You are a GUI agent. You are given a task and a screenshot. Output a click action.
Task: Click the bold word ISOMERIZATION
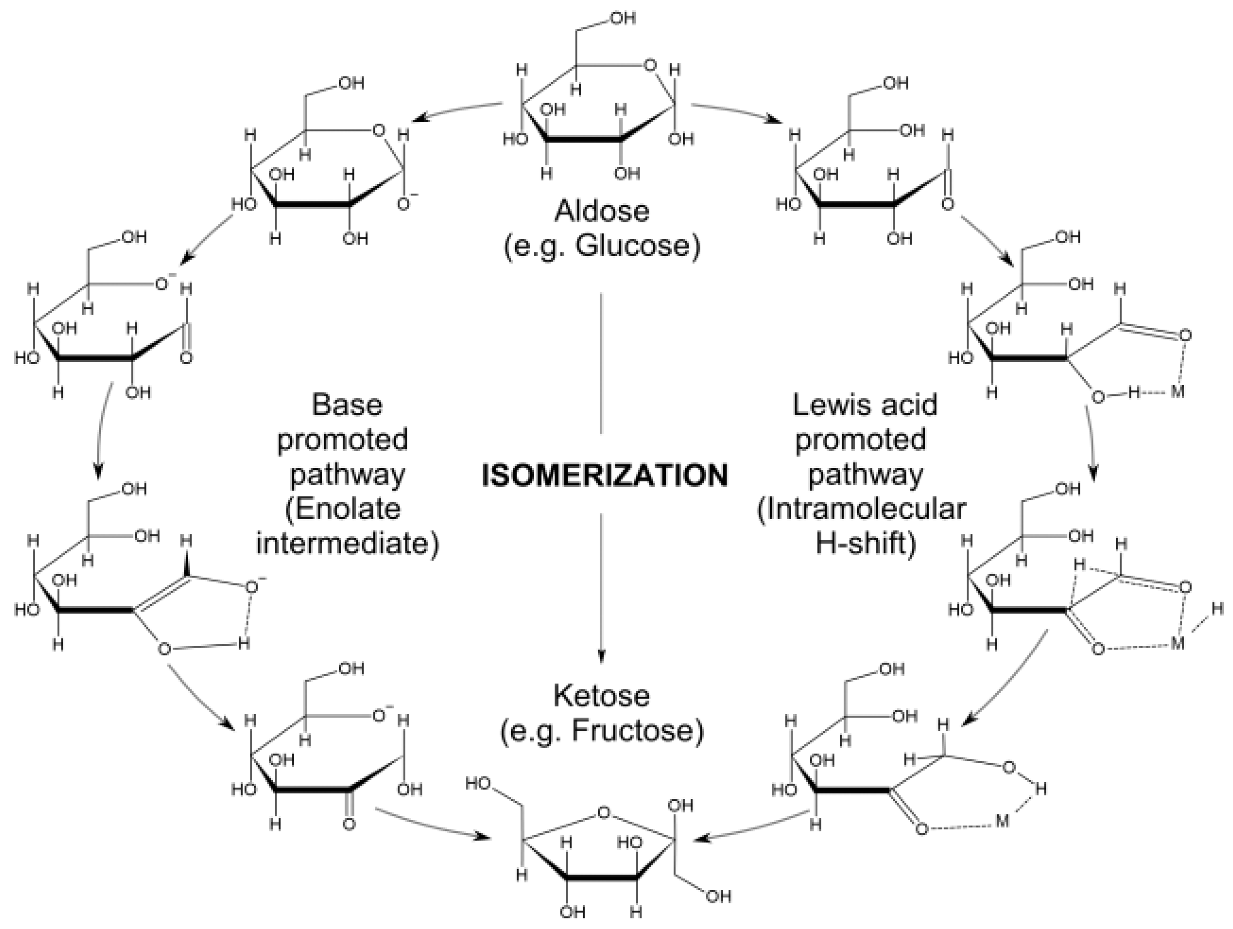click(x=605, y=476)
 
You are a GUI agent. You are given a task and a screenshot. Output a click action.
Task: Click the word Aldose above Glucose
click(x=602, y=211)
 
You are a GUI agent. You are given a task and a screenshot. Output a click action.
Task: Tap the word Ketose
click(x=602, y=696)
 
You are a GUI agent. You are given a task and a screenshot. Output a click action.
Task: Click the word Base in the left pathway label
click(x=347, y=405)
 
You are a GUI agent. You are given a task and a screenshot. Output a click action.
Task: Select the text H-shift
click(x=865, y=544)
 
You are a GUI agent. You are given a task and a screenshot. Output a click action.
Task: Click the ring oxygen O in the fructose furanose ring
click(x=603, y=813)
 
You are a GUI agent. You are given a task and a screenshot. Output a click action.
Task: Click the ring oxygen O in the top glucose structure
click(x=649, y=66)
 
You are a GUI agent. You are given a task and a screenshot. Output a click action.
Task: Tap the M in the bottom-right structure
click(x=1002, y=821)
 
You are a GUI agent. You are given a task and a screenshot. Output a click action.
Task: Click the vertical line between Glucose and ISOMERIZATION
click(x=601, y=363)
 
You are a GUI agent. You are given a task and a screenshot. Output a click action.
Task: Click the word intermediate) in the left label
click(x=347, y=544)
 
